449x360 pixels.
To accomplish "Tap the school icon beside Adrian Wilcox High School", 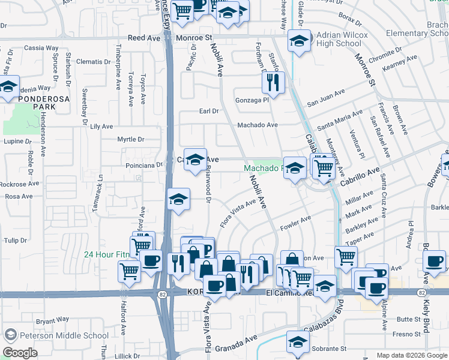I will pos(298,41).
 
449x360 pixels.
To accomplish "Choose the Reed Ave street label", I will pos(144,37).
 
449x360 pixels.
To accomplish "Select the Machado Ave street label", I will pos(257,125).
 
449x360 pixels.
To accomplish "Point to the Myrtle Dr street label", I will pos(131,139).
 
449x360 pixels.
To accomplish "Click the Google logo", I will pos(20,353).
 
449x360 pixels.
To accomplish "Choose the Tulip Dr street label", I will pos(16,241).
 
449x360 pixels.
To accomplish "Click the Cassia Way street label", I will pos(41,47).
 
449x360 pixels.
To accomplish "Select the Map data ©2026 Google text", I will pos(412,355).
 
